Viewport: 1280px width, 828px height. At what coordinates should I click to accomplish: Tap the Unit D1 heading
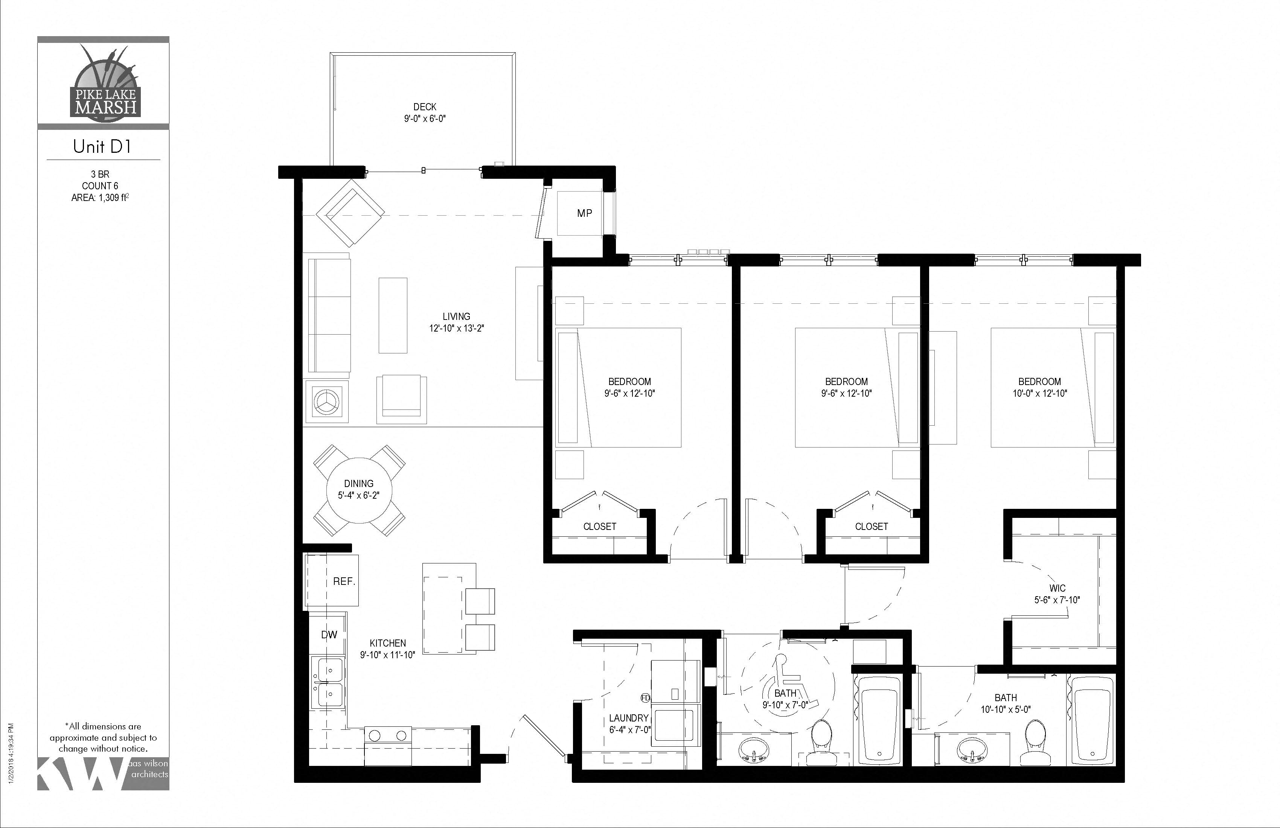pos(102,146)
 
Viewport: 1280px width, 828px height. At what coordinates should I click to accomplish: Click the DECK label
pos(425,107)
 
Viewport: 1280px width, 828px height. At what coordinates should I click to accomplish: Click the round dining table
pos(359,490)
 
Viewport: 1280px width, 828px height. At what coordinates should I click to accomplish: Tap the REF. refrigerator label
pos(344,582)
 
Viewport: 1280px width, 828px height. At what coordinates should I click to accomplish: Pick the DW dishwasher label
pos(329,635)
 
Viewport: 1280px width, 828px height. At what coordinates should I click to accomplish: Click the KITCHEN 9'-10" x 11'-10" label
pos(388,649)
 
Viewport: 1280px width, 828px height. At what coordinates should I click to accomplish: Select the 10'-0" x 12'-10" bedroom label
pos(1039,387)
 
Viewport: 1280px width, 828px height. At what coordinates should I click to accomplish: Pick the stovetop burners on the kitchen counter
pos(388,735)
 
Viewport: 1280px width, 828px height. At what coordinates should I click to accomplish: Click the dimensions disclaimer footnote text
pos(103,737)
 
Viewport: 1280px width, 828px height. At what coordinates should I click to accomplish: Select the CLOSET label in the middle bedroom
pos(871,527)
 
